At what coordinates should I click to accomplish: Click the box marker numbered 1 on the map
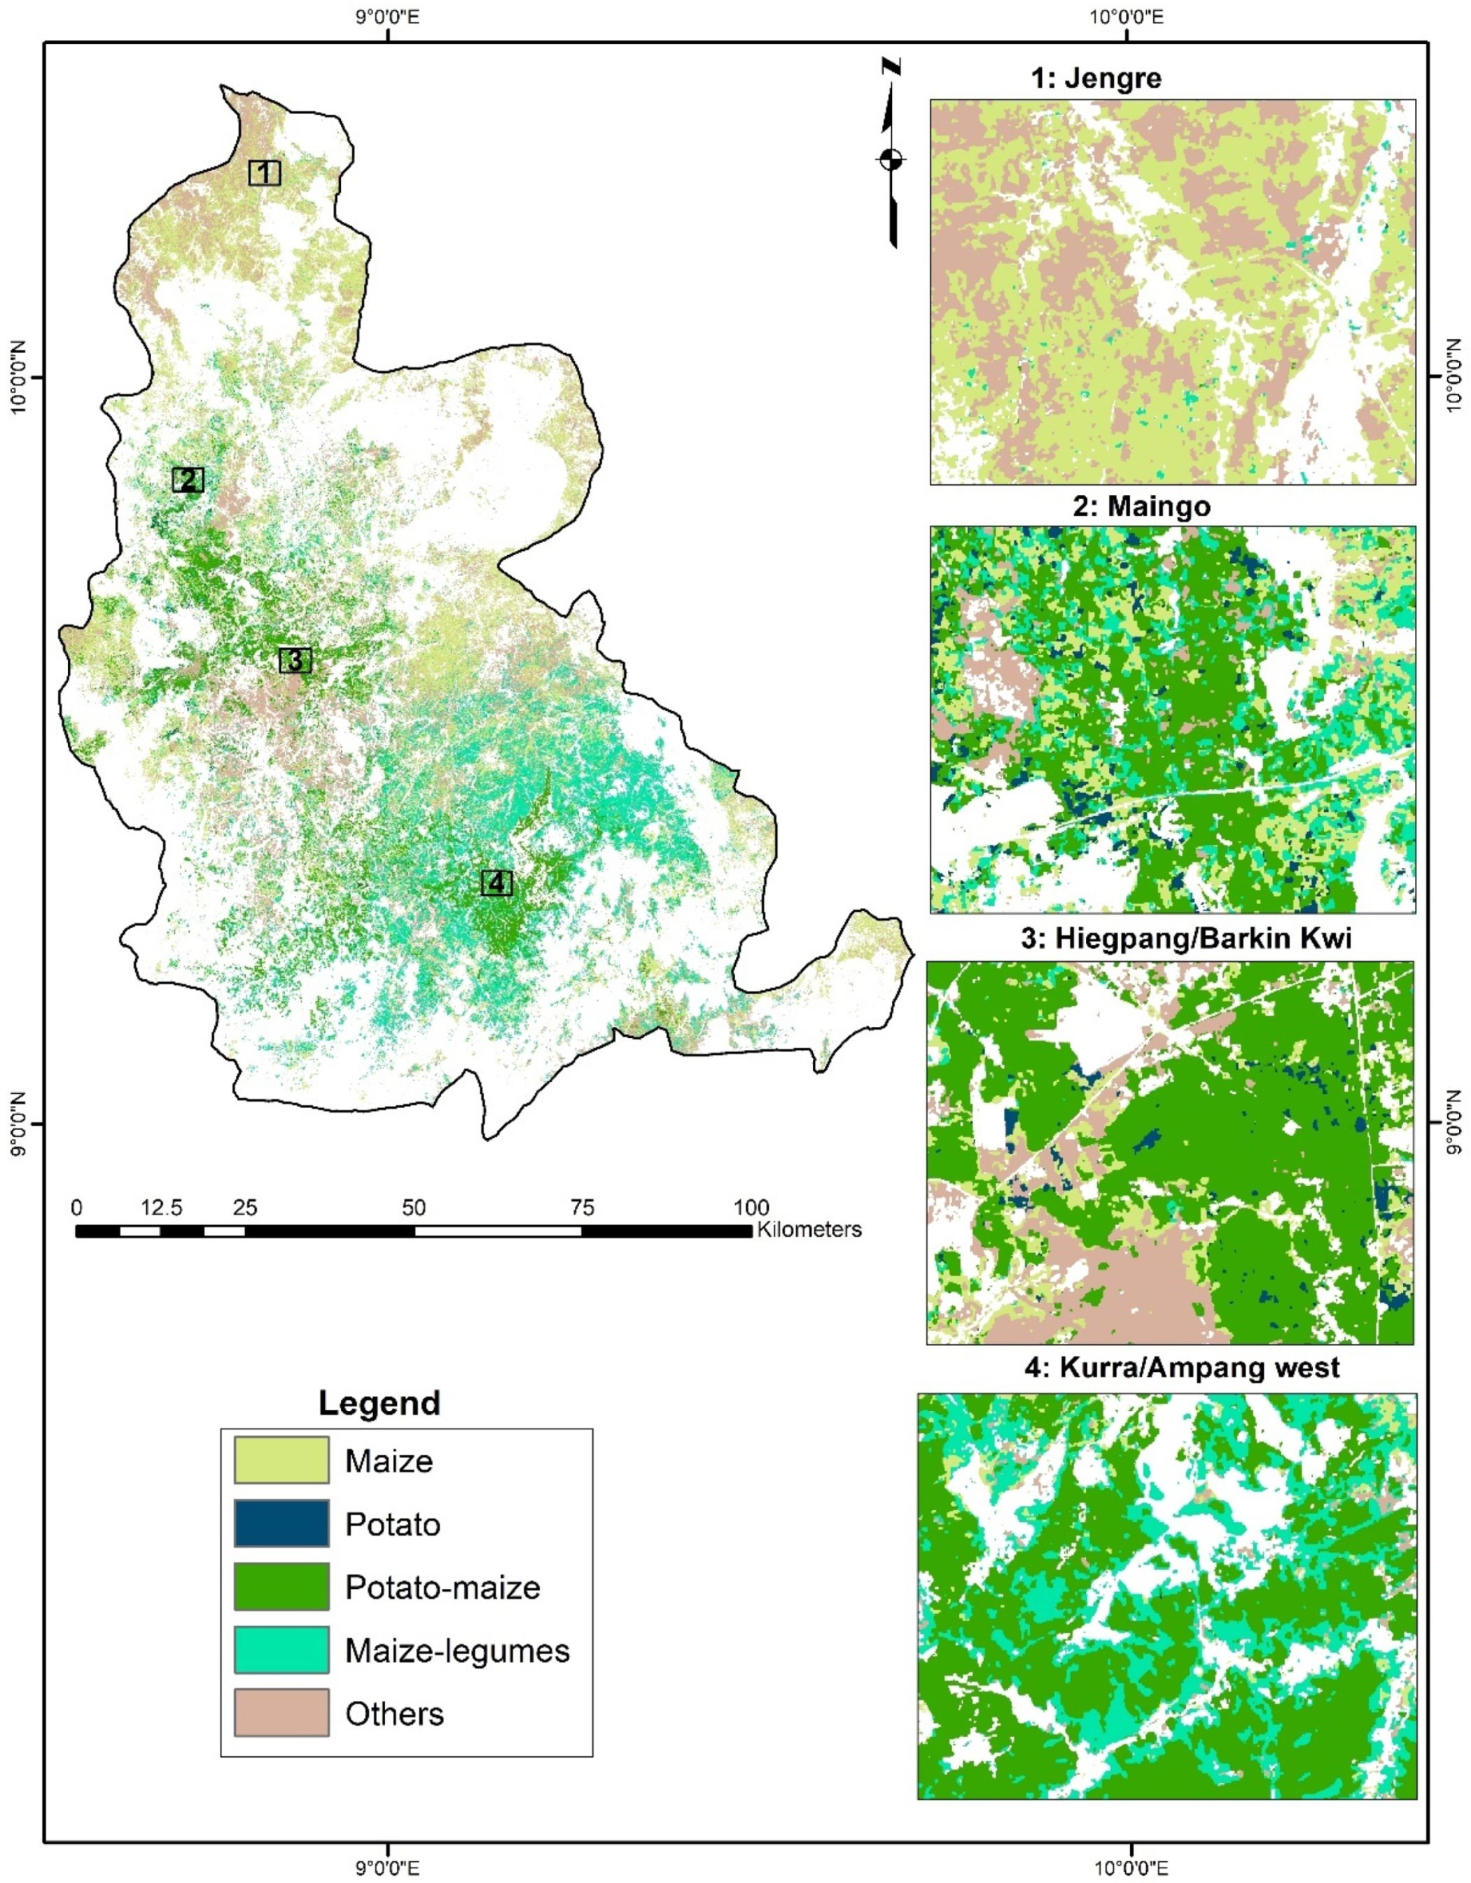(265, 174)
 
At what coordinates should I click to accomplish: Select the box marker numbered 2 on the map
(188, 480)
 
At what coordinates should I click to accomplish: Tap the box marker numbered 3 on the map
(295, 660)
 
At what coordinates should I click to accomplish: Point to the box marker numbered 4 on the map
(496, 883)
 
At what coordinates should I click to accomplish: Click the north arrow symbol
(891, 155)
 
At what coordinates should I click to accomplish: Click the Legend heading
(379, 1403)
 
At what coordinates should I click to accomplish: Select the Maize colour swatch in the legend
(281, 1460)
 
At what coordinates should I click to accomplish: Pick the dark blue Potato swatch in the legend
(281, 1523)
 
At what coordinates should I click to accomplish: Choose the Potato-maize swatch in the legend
(281, 1586)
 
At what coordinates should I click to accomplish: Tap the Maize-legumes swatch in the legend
(281, 1650)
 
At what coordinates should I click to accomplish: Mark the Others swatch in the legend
(281, 1712)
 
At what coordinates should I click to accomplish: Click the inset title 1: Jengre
(1096, 78)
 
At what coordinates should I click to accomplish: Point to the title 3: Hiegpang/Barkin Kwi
(1185, 938)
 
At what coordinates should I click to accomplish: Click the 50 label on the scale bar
(413, 1207)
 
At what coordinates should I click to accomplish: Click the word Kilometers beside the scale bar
(809, 1229)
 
